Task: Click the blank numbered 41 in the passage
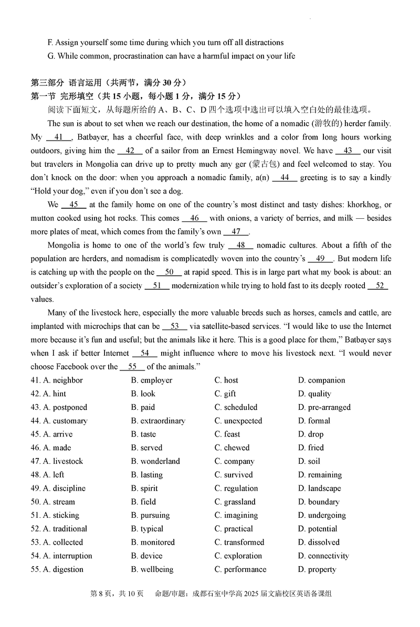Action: click(61, 137)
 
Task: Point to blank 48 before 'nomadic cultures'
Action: click(240, 245)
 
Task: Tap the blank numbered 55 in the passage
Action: click(132, 367)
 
